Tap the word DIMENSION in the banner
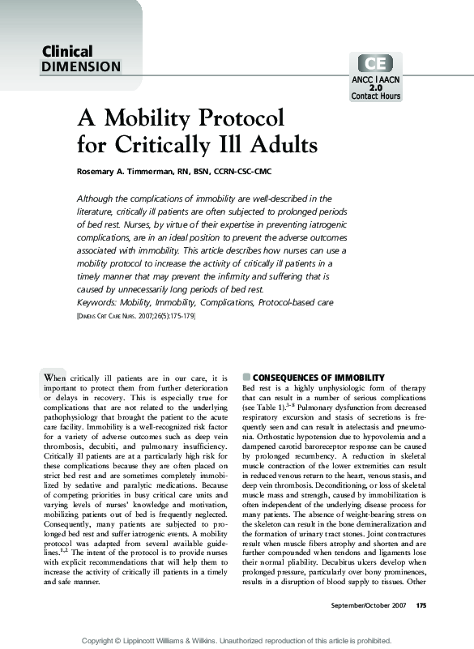click(81, 67)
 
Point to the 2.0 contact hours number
click(375, 88)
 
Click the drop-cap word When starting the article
click(55, 378)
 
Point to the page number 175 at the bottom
click(421, 605)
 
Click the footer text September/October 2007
click(369, 605)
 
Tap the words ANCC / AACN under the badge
click(375, 79)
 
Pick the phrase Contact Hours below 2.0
click(375, 96)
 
